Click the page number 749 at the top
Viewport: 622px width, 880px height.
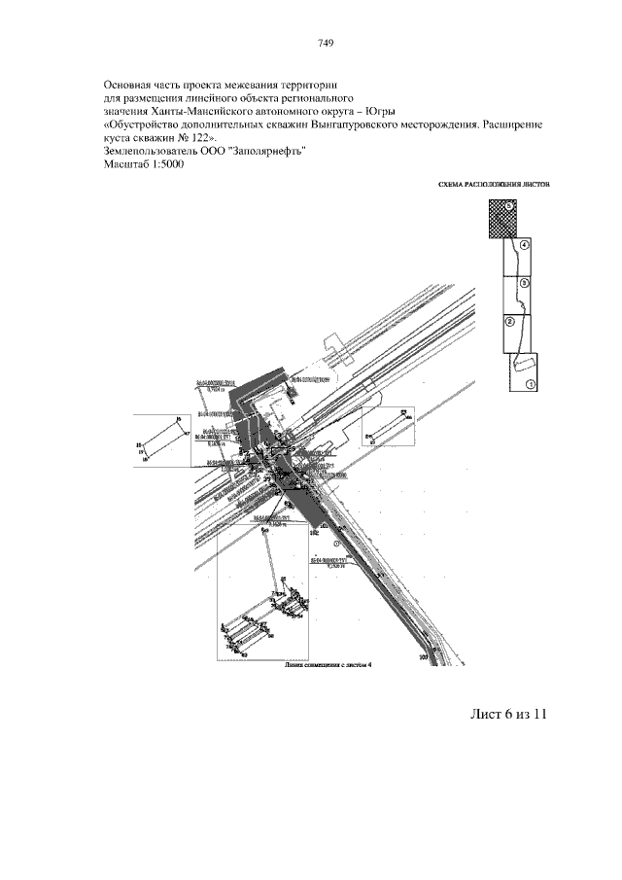[326, 43]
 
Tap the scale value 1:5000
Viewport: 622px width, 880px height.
[163, 164]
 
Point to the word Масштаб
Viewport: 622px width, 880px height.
[122, 164]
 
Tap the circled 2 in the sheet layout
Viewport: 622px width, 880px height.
[509, 320]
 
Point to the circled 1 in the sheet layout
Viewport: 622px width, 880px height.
[531, 384]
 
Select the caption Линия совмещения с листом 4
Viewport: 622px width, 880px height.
[328, 667]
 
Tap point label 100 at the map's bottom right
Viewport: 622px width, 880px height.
[424, 657]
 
